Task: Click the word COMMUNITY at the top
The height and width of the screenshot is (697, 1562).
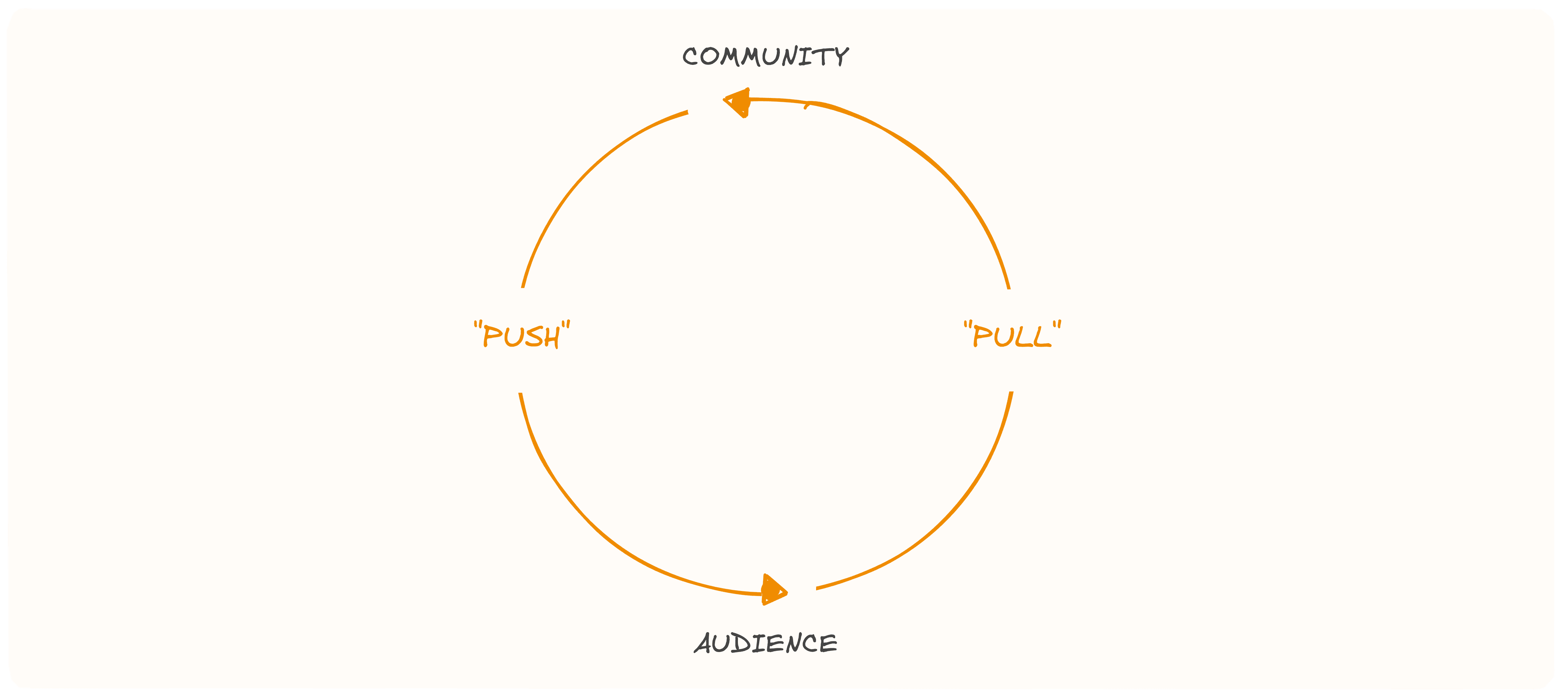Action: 765,56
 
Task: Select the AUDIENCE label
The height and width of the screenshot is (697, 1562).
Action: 766,643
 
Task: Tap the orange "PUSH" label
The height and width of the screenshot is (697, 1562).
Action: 521,335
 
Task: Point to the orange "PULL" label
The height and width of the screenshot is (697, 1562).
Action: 1012,335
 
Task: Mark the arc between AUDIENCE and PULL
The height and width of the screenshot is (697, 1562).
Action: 946,515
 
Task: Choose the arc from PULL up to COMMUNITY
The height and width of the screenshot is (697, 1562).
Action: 946,176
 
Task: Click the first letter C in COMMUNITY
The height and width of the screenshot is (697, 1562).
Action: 691,57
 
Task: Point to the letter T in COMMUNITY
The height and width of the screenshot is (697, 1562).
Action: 823,56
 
